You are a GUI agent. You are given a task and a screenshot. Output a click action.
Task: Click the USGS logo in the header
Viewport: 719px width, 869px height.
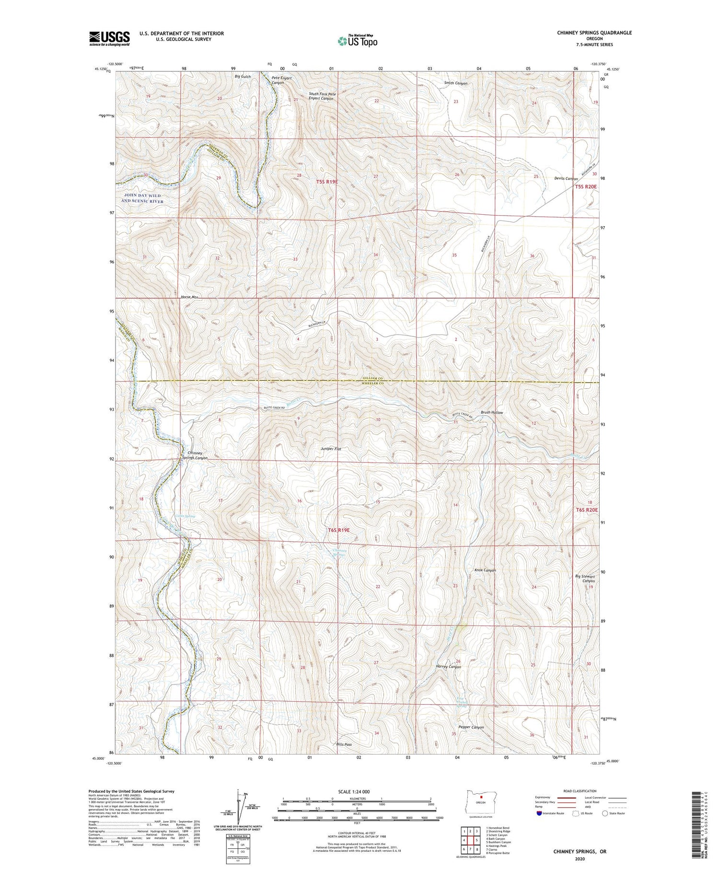tap(109, 38)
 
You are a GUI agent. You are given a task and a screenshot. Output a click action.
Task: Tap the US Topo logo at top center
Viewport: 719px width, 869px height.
tap(357, 41)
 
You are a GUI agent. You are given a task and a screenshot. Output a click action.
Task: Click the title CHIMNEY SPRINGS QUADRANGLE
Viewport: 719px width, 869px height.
tap(587, 33)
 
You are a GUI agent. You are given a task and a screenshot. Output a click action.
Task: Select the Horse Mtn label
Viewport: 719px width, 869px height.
tap(190, 297)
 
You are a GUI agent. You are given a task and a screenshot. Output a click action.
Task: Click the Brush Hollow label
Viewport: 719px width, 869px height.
tap(492, 412)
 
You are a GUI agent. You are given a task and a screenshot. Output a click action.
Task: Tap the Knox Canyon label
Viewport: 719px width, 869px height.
tap(485, 570)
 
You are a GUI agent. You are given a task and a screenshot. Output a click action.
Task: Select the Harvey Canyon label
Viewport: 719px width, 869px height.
tap(448, 667)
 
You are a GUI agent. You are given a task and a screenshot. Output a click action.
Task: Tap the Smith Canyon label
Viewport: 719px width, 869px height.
tap(455, 83)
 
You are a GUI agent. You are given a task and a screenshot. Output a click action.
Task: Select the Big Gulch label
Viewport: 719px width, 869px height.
tap(243, 77)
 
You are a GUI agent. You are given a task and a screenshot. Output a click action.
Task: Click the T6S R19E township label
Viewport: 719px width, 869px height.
tap(339, 530)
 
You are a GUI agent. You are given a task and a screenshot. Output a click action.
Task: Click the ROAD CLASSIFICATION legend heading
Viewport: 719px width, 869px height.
tap(580, 791)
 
